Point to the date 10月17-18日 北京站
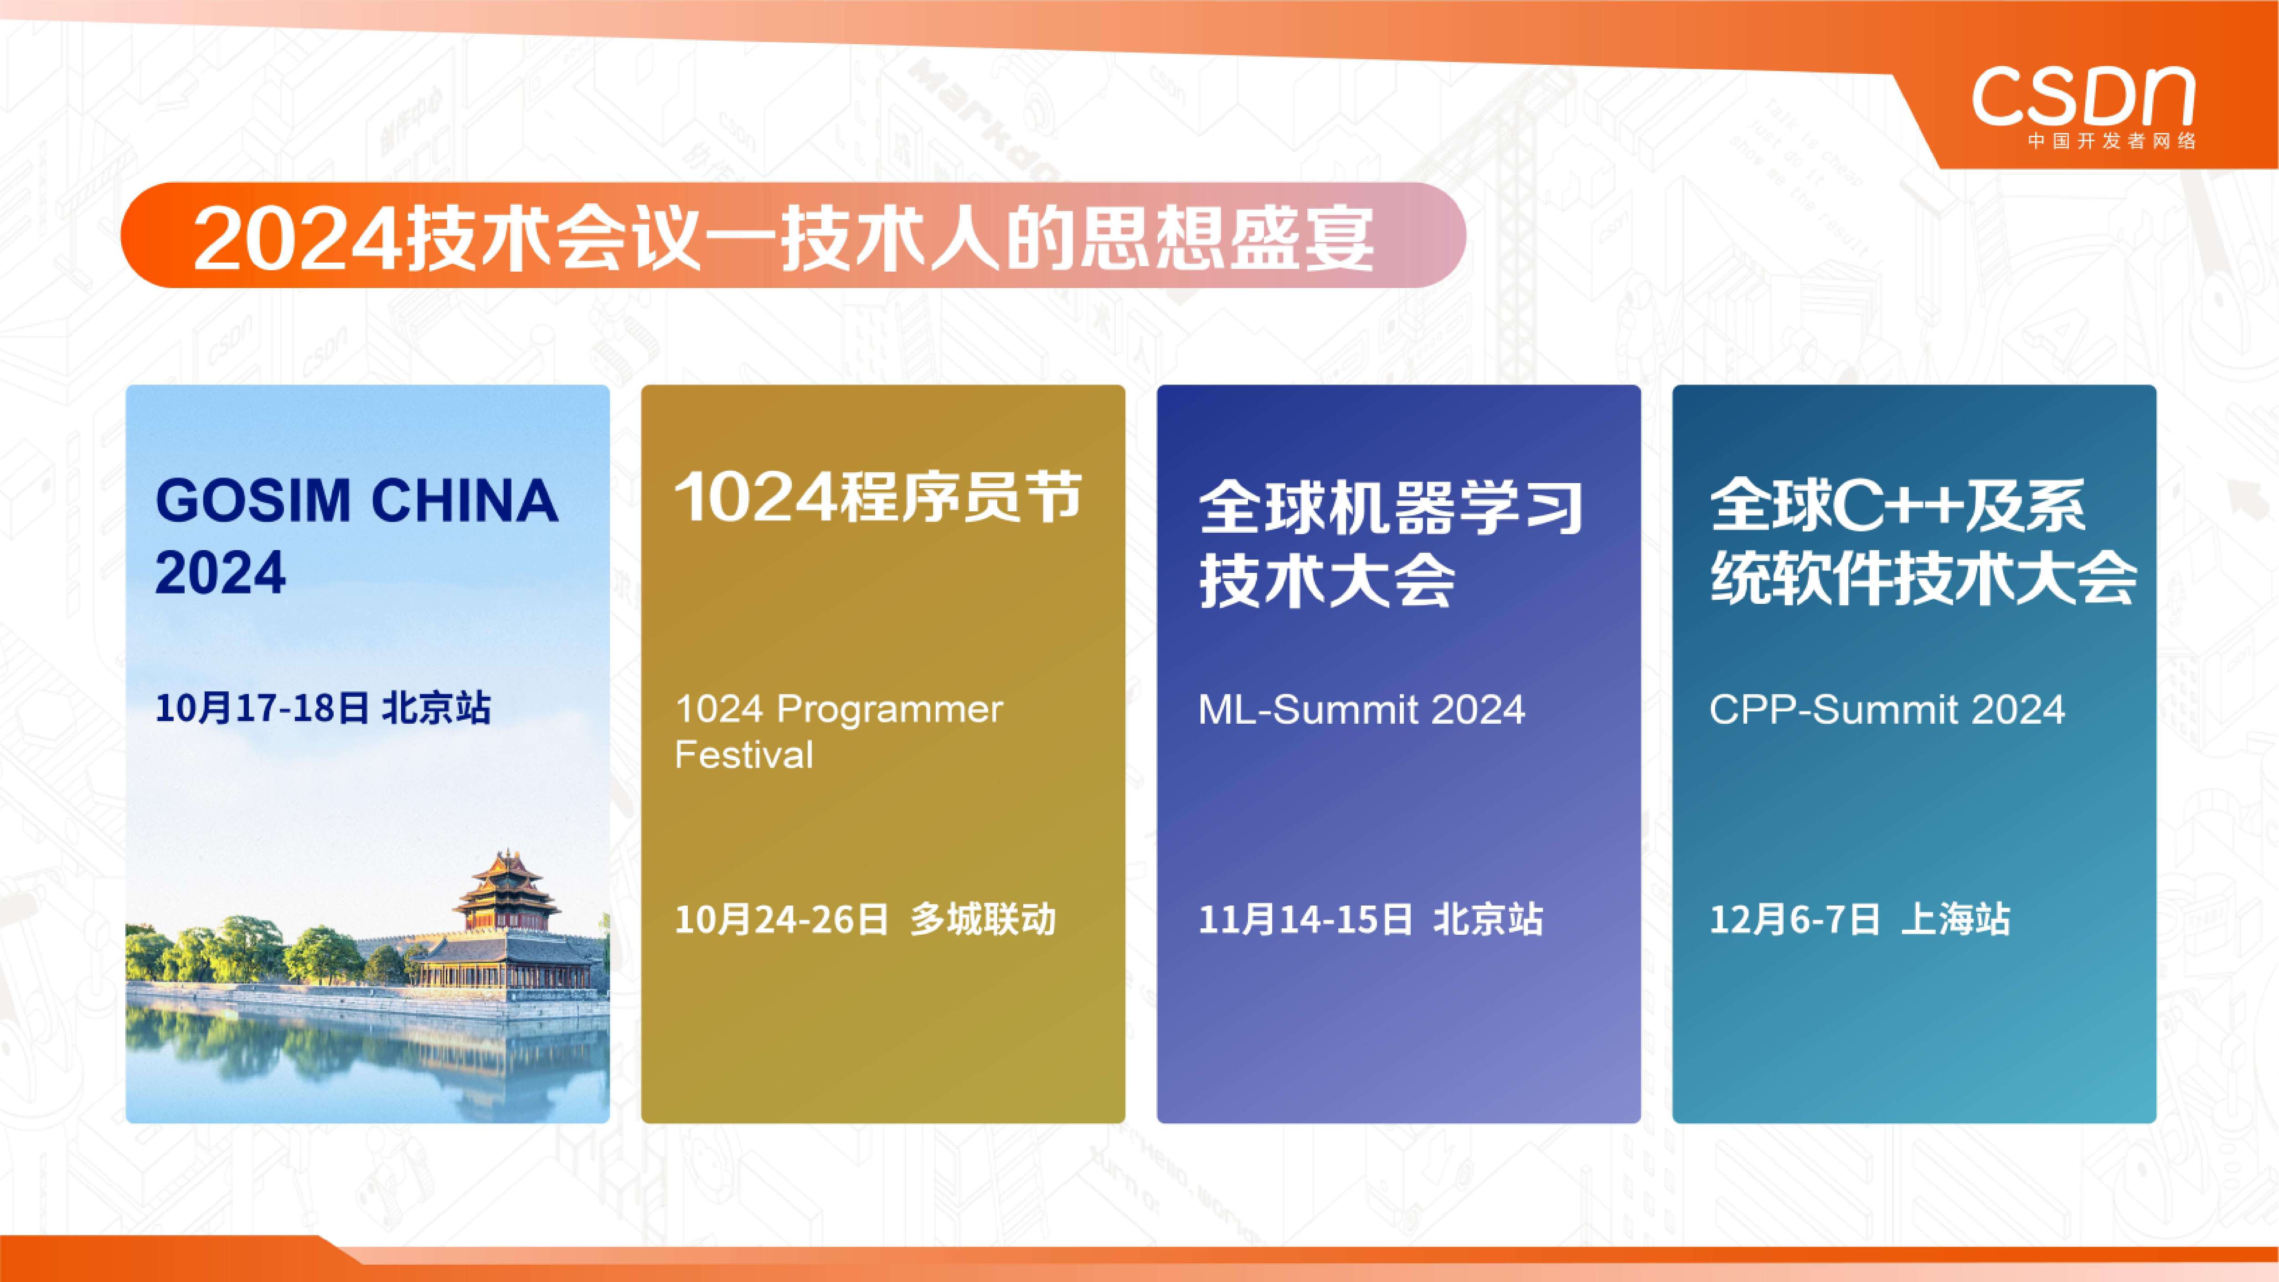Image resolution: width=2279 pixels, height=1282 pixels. click(323, 708)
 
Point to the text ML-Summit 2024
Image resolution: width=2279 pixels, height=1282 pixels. click(1361, 710)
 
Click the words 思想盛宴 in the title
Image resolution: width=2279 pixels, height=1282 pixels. click(1228, 237)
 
